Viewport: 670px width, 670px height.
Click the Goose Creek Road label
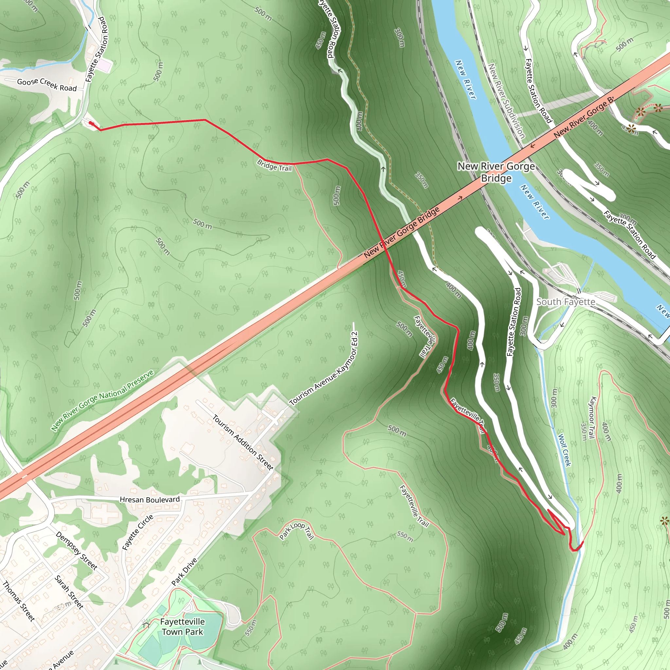(x=47, y=85)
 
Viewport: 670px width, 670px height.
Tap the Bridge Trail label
(x=274, y=166)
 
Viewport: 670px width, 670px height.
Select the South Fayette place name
(x=566, y=302)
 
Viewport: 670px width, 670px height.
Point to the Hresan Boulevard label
(x=150, y=500)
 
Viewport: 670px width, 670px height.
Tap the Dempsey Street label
(x=77, y=551)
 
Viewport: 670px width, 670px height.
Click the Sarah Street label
(x=69, y=592)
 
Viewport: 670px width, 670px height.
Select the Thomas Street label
(x=19, y=601)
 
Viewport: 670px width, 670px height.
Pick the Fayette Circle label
(x=138, y=532)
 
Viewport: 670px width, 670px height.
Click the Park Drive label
(x=185, y=572)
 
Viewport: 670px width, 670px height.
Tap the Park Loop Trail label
(x=296, y=531)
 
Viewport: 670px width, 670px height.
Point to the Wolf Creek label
(x=564, y=450)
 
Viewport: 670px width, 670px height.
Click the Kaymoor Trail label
(x=592, y=417)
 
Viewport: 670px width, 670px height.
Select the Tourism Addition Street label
(x=243, y=442)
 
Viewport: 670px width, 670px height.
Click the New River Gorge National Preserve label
(x=102, y=400)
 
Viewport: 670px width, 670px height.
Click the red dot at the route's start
(x=91, y=123)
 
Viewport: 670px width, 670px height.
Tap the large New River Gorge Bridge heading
(x=496, y=172)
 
